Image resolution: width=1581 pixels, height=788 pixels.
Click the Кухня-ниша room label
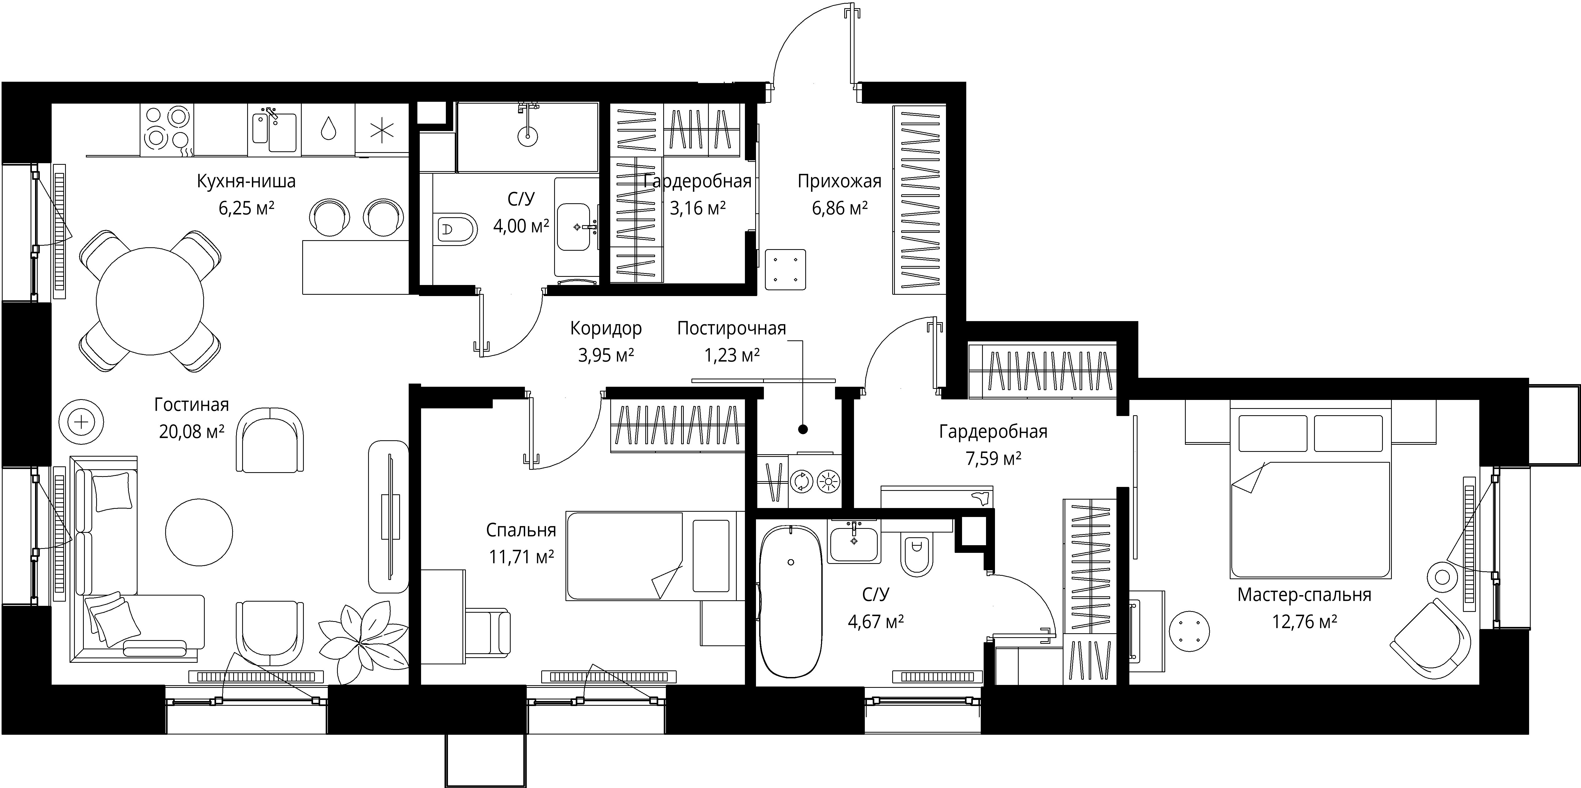246,181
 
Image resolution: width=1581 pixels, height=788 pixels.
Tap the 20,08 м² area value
192,432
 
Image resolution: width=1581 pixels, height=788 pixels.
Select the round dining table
150,301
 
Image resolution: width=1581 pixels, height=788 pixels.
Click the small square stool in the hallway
785,269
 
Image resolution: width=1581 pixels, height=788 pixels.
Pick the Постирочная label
731,328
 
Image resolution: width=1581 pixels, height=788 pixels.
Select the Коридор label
606,328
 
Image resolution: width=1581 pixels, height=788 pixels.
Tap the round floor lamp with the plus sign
81,422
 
